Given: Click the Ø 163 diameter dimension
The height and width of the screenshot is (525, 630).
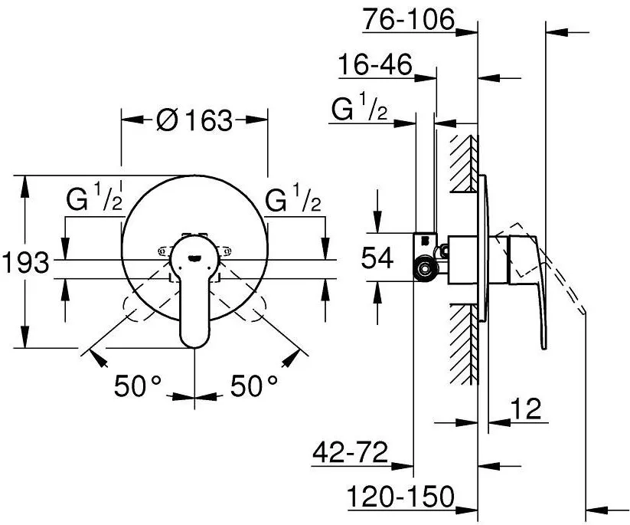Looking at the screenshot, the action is [195, 120].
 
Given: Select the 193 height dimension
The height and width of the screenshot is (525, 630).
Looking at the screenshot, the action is [26, 262].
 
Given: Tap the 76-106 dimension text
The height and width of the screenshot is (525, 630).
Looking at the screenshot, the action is [408, 19].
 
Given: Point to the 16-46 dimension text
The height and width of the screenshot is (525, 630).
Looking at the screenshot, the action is [375, 64].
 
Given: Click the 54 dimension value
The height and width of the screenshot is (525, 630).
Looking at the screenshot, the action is [377, 258].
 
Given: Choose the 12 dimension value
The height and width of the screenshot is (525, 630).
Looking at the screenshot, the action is [526, 409].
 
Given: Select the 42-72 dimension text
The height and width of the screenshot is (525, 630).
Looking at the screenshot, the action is [351, 452].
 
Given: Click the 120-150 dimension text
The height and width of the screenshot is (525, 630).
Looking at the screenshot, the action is [400, 497].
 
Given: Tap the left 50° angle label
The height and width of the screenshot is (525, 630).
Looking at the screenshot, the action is [138, 386].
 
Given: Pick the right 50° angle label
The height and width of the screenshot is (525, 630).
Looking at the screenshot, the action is [254, 386].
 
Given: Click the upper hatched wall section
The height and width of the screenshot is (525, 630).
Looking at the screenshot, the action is [465, 163].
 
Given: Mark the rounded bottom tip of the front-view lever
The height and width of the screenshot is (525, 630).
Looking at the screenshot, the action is [195, 346].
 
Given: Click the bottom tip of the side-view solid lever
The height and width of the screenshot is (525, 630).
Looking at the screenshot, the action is [543, 349].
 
